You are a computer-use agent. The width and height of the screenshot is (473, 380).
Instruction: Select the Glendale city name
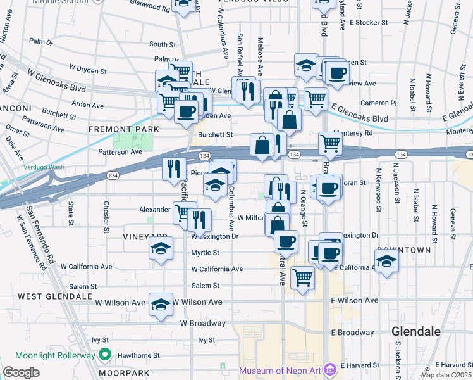419,331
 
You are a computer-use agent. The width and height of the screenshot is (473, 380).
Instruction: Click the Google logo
21,372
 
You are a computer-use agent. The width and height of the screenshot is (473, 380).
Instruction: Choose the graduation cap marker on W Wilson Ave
161,304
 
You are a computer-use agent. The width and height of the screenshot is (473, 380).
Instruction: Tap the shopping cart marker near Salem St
303,277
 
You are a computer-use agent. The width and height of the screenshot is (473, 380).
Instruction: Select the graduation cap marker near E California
386,260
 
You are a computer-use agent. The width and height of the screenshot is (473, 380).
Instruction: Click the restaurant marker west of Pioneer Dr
174,168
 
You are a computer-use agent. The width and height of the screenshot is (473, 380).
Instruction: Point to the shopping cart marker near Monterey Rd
330,144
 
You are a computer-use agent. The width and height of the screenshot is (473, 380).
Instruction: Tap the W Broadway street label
202,323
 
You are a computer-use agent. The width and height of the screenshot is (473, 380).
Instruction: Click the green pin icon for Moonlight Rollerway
106,355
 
